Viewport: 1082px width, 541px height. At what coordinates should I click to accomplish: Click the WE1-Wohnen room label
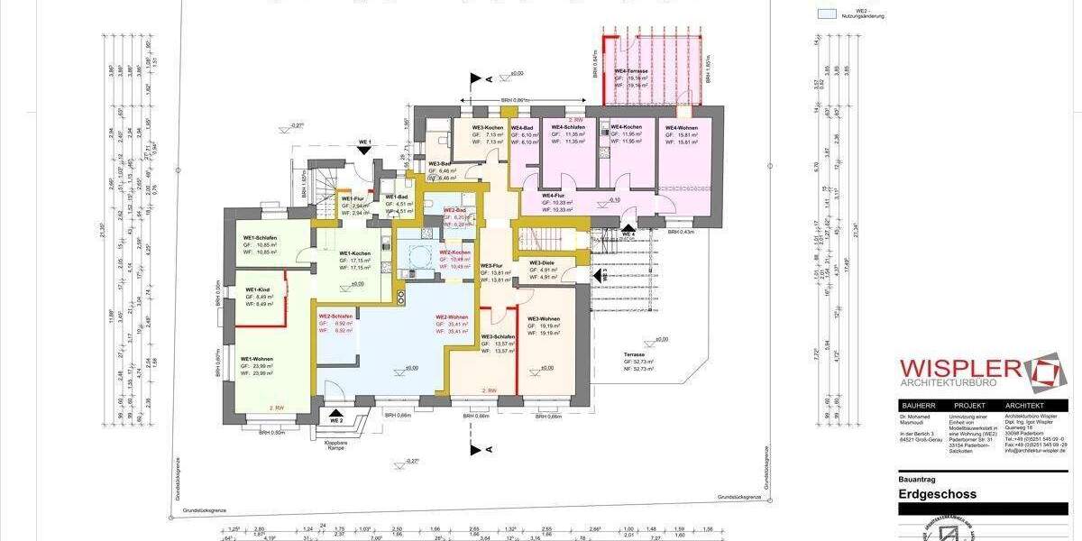tap(257, 358)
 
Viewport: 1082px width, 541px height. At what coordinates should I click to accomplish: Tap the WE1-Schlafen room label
tap(260, 238)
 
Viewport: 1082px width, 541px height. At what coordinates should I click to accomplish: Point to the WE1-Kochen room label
tap(355, 253)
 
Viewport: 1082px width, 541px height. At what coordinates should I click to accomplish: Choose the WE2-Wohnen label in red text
tap(452, 317)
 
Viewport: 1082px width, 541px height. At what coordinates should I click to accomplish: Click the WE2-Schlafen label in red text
tap(335, 316)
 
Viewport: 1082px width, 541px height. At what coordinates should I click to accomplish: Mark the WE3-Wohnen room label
tap(544, 320)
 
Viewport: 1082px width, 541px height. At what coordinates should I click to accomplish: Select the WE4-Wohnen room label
tap(683, 128)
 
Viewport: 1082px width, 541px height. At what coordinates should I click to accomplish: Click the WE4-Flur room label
tap(553, 196)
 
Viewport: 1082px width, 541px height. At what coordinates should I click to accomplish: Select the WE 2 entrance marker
tap(336, 421)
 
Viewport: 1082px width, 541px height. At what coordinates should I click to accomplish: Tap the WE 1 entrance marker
tap(364, 142)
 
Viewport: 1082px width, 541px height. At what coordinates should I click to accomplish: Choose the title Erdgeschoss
tap(938, 494)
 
